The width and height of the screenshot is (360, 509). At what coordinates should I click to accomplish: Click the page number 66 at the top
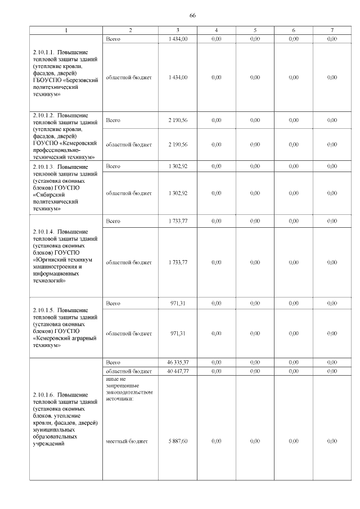click(x=192, y=15)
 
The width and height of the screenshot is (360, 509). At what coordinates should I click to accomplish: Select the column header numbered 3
click(x=178, y=29)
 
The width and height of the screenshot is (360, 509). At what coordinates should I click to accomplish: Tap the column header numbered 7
click(x=332, y=29)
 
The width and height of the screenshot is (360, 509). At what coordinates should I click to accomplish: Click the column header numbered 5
click(x=255, y=29)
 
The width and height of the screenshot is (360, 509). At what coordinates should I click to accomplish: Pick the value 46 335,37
click(x=178, y=362)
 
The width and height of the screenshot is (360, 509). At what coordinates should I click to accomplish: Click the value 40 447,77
click(x=178, y=371)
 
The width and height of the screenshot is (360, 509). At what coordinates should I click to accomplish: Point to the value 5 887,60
click(x=178, y=442)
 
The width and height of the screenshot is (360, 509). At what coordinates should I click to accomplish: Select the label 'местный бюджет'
click(x=127, y=442)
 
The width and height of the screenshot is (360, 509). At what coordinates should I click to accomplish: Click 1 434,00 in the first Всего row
click(x=178, y=39)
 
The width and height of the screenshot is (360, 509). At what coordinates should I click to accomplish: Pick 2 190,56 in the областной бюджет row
click(x=178, y=145)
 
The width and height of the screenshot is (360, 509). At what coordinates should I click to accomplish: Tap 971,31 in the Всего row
click(x=178, y=303)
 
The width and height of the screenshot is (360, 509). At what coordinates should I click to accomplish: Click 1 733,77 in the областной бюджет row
click(x=178, y=262)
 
